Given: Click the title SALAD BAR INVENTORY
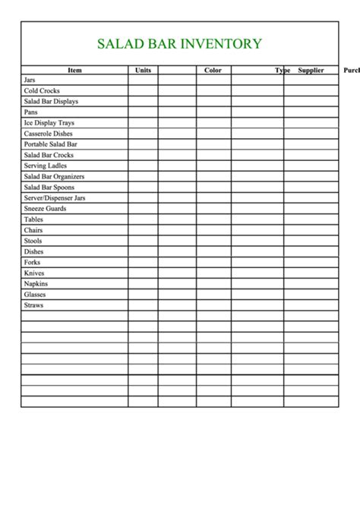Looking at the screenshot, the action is coord(179,44).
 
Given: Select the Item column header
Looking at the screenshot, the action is coord(74,71).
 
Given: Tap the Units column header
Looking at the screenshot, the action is coord(143,71).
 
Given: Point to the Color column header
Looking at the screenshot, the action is coord(213,71).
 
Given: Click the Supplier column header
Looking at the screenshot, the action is coord(311,71).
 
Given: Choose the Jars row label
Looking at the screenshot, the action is coord(30,80).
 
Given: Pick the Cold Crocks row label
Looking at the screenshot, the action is coord(42,90).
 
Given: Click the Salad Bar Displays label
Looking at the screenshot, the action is coord(51,101).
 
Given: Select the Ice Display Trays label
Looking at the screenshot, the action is coord(49,122).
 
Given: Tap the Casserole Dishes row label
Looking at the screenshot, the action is coord(49,134).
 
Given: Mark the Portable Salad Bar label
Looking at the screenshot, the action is coord(50,144).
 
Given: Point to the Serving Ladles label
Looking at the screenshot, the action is coord(46,166).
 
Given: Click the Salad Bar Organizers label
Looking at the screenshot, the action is coord(54,176).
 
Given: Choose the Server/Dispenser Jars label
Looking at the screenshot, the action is coord(55,197).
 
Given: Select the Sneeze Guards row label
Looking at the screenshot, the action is coord(45,208).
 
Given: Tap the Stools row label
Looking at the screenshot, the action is coord(33,241).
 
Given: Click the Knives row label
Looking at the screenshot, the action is coord(34,273).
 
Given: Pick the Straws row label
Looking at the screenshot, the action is coord(33,305).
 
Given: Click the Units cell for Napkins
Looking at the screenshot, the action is coord(143,284).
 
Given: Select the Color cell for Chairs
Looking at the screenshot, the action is coord(213,230).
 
